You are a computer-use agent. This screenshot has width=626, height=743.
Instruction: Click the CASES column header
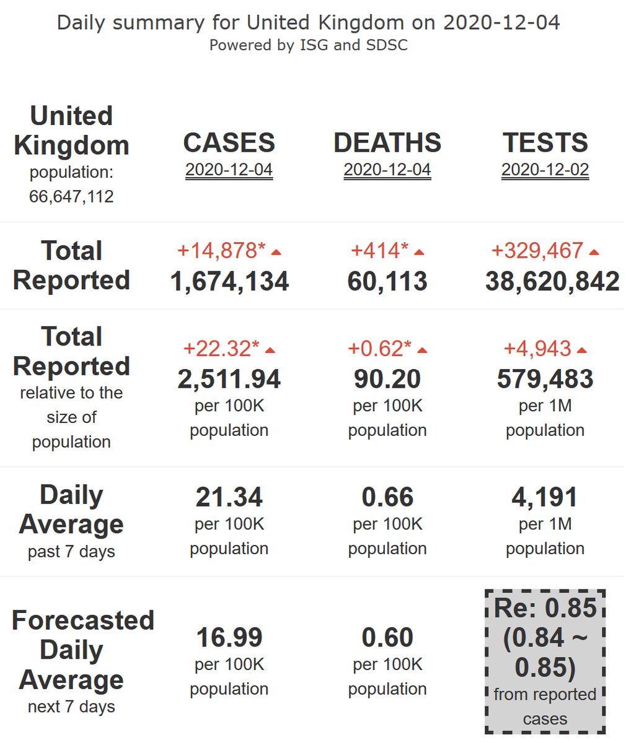[x=229, y=143]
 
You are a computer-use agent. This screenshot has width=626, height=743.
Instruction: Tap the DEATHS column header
[x=387, y=143]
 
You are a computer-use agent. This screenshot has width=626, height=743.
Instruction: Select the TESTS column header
[x=545, y=143]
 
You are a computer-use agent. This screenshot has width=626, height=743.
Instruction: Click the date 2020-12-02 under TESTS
[x=545, y=170]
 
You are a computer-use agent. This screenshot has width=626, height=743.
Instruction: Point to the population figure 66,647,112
[x=71, y=196]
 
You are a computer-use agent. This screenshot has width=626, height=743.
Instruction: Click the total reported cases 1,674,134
[x=229, y=281]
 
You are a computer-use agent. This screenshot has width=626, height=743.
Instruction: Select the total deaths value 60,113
[x=387, y=281]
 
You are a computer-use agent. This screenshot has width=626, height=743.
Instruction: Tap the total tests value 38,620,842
[x=552, y=281]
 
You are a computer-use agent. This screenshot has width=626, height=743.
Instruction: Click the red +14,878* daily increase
[x=221, y=251]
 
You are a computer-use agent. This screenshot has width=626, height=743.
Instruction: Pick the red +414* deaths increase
[x=379, y=251]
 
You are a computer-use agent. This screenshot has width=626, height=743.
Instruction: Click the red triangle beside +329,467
[x=594, y=252]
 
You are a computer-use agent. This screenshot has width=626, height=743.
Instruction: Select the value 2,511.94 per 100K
[x=229, y=379]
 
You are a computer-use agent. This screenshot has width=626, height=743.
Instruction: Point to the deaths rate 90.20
[x=387, y=379]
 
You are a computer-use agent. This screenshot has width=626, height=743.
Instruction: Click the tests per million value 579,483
[x=545, y=379]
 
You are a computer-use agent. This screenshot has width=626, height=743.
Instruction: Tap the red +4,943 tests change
[x=537, y=349]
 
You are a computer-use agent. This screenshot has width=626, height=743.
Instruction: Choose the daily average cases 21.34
[x=229, y=497]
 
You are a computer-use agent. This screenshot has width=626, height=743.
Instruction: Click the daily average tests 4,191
[x=545, y=497]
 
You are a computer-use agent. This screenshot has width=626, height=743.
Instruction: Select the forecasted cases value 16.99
[x=229, y=638]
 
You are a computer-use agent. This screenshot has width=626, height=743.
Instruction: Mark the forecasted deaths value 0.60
[x=387, y=638]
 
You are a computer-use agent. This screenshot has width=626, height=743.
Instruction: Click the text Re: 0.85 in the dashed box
[x=545, y=608]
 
